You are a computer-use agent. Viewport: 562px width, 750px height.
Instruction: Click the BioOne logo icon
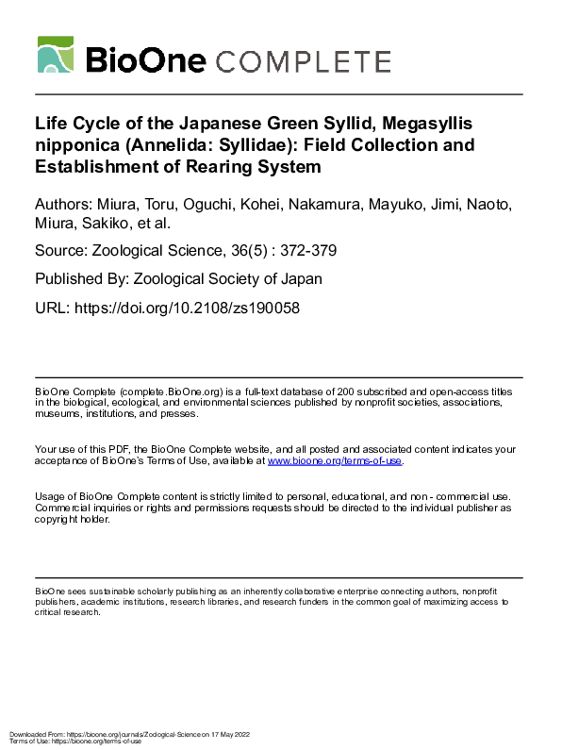coord(56,56)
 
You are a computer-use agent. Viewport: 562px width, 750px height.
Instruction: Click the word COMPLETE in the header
coord(304,61)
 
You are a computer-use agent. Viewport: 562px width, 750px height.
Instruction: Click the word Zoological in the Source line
coord(129,252)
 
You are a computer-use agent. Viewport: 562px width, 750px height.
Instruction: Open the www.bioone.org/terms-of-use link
coord(335,460)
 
